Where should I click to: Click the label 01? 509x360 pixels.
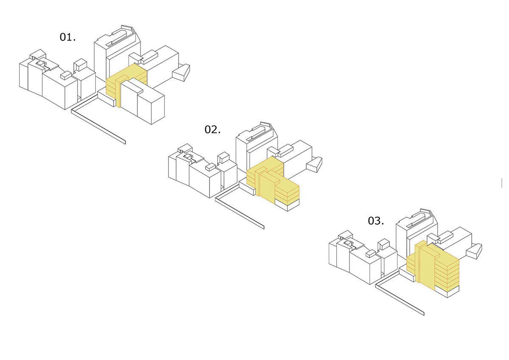point(67,37)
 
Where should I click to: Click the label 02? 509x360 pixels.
point(213,129)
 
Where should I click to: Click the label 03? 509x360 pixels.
point(376,221)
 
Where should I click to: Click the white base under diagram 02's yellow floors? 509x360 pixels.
point(288,205)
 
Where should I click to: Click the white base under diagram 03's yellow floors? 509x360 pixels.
point(447,292)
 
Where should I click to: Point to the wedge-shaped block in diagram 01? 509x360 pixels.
point(181,72)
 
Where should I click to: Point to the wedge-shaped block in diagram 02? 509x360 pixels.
point(314,165)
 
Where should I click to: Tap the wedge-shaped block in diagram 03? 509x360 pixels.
point(474,251)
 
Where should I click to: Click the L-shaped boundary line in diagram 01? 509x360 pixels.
point(98,119)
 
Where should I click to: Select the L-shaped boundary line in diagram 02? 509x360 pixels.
point(240,206)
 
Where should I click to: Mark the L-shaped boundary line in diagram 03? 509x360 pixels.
point(400,293)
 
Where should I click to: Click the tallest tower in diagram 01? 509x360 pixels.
point(117,52)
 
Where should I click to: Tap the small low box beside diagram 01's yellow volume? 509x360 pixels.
point(106,98)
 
